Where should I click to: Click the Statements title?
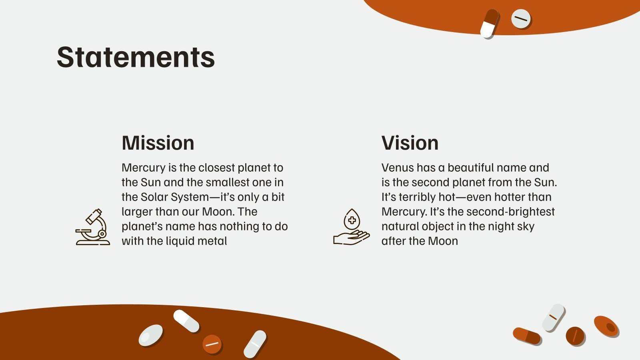[136, 57]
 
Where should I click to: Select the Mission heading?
[158, 143]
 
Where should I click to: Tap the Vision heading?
[410, 143]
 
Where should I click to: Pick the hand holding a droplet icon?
[351, 228]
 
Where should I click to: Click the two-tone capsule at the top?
[490, 23]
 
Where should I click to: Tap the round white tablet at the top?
[521, 19]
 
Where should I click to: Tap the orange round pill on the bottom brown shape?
[212, 344]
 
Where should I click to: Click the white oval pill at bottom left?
[151, 335]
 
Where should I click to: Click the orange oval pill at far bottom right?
[606, 326]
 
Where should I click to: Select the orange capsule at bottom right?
[527, 336]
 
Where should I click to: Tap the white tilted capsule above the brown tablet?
[553, 318]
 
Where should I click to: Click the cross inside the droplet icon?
[352, 220]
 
